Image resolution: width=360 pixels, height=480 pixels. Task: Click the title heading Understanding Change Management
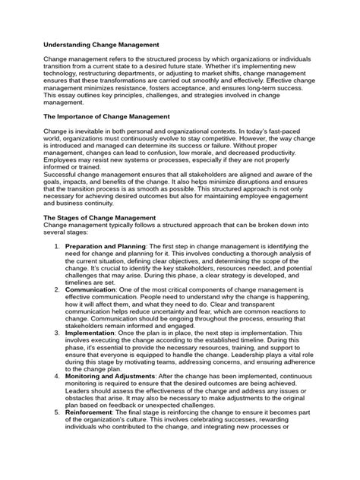click(106, 45)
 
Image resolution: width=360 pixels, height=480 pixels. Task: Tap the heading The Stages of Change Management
click(104, 217)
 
